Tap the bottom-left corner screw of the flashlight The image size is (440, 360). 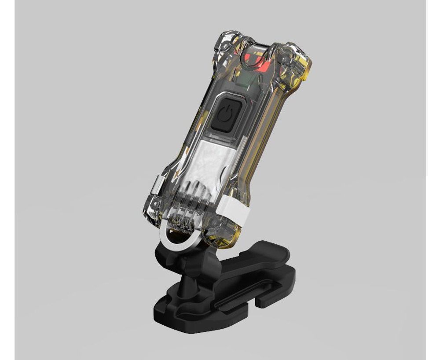pyautogui.click(x=155, y=203)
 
